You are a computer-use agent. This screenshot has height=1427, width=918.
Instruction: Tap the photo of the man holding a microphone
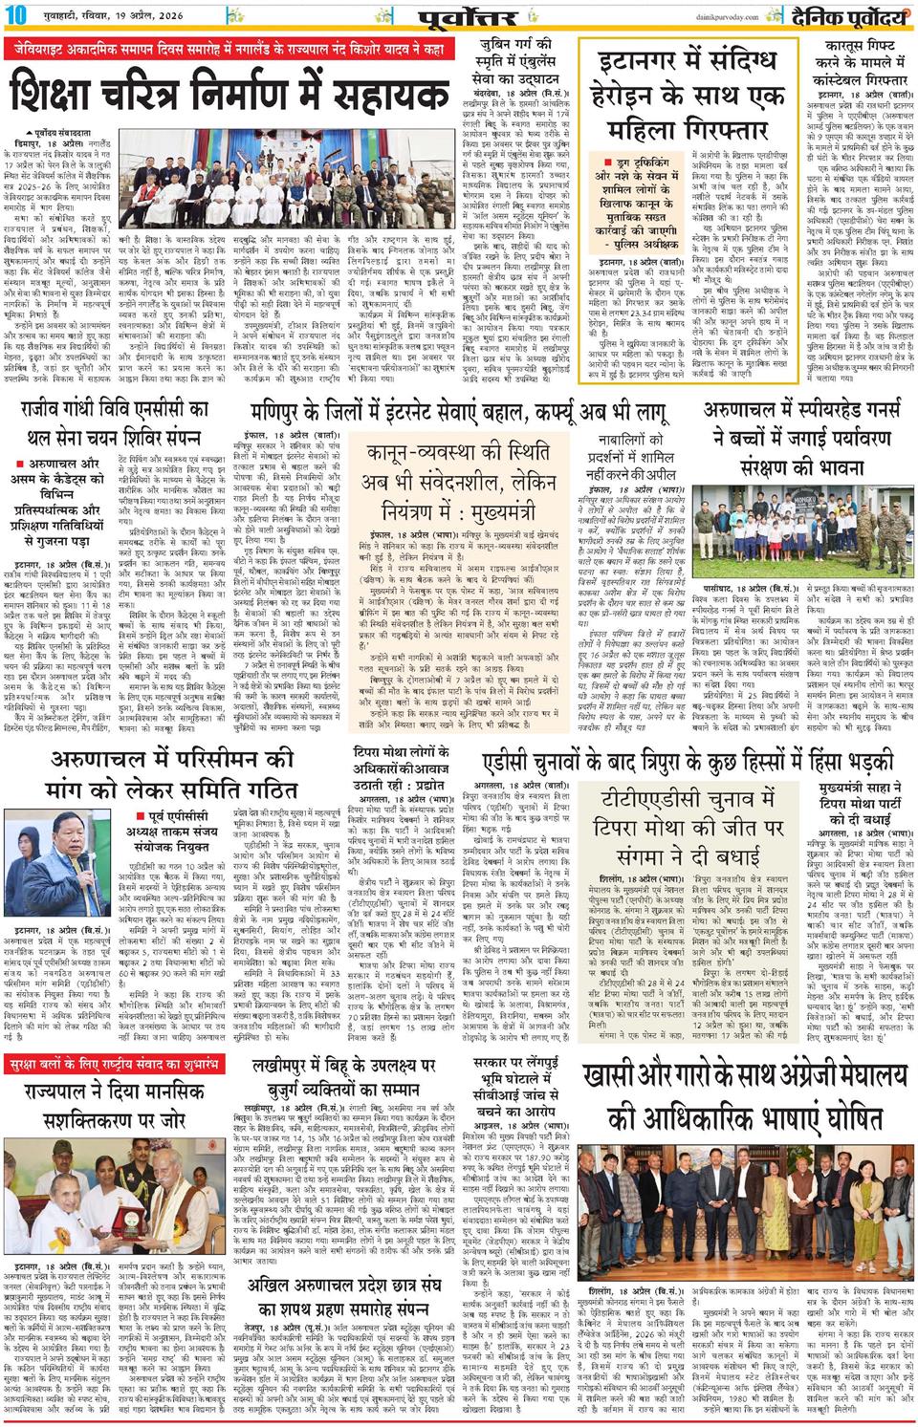point(55,865)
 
